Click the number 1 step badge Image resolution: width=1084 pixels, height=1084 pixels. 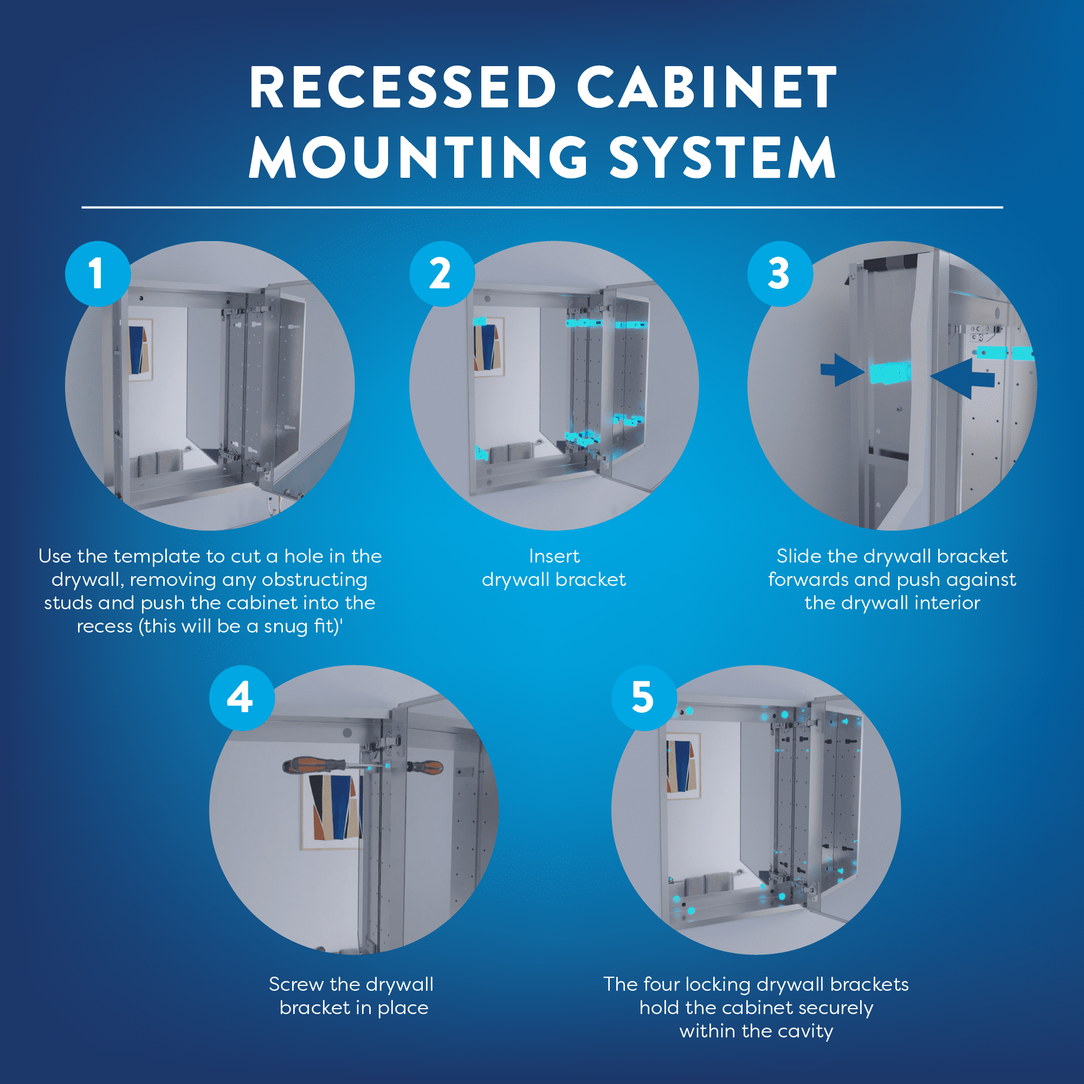click(98, 274)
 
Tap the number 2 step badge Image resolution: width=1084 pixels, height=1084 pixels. click(442, 274)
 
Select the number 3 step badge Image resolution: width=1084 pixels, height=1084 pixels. click(779, 274)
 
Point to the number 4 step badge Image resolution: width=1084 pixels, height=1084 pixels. click(242, 698)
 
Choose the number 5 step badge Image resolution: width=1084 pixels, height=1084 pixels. click(643, 698)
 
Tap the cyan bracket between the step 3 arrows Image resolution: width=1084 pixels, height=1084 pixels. click(890, 372)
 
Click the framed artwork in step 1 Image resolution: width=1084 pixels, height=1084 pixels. click(140, 350)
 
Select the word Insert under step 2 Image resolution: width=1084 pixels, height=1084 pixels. click(554, 557)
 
